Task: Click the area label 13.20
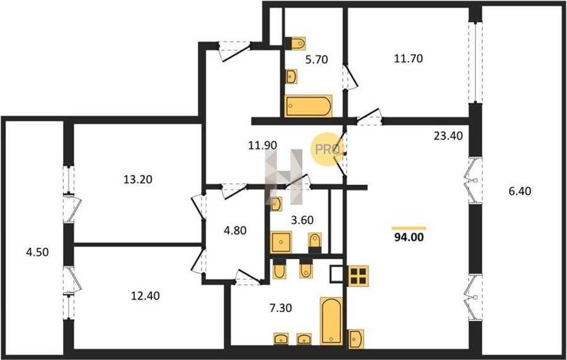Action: tap(138, 179)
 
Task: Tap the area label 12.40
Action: tap(145, 296)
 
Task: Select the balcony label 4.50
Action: tap(37, 252)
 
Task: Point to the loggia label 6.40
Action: tap(520, 190)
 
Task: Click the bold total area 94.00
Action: tap(409, 237)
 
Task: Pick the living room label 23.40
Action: tap(449, 136)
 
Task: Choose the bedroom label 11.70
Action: tap(408, 58)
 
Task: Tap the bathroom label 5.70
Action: tap(316, 59)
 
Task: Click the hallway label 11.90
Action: tap(263, 146)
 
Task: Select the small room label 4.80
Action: tap(235, 230)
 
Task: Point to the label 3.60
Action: tap(302, 219)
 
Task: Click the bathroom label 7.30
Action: tap(280, 308)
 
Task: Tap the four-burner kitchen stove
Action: tap(358, 276)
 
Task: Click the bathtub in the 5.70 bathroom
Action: tap(308, 106)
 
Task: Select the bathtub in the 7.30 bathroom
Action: tap(331, 321)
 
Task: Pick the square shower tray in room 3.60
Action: tap(281, 242)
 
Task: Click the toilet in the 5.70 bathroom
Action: tap(295, 44)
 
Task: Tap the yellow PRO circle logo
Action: tap(327, 149)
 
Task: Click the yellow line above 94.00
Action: tap(409, 228)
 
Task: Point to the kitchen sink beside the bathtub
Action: tap(356, 339)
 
